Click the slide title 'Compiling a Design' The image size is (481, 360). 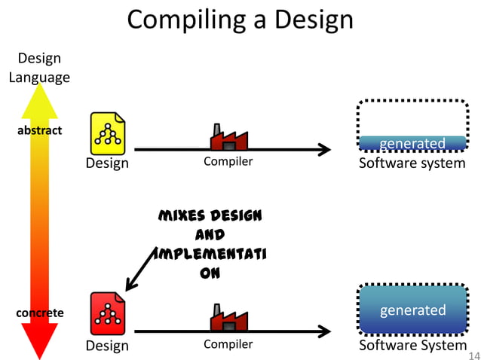pyautogui.click(x=240, y=19)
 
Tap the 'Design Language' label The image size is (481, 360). pyautogui.click(x=39, y=68)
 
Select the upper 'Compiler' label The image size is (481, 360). pyautogui.click(x=228, y=162)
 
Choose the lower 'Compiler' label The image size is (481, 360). pyautogui.click(x=228, y=345)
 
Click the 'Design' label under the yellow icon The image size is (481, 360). pyautogui.click(x=107, y=163)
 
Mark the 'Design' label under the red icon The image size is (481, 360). pyautogui.click(x=107, y=346)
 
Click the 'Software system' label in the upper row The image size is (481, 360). pyautogui.click(x=412, y=163)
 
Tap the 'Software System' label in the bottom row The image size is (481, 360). pyautogui.click(x=412, y=345)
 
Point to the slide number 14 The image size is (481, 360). pyautogui.click(x=473, y=355)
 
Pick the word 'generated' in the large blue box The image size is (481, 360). pyautogui.click(x=412, y=310)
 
